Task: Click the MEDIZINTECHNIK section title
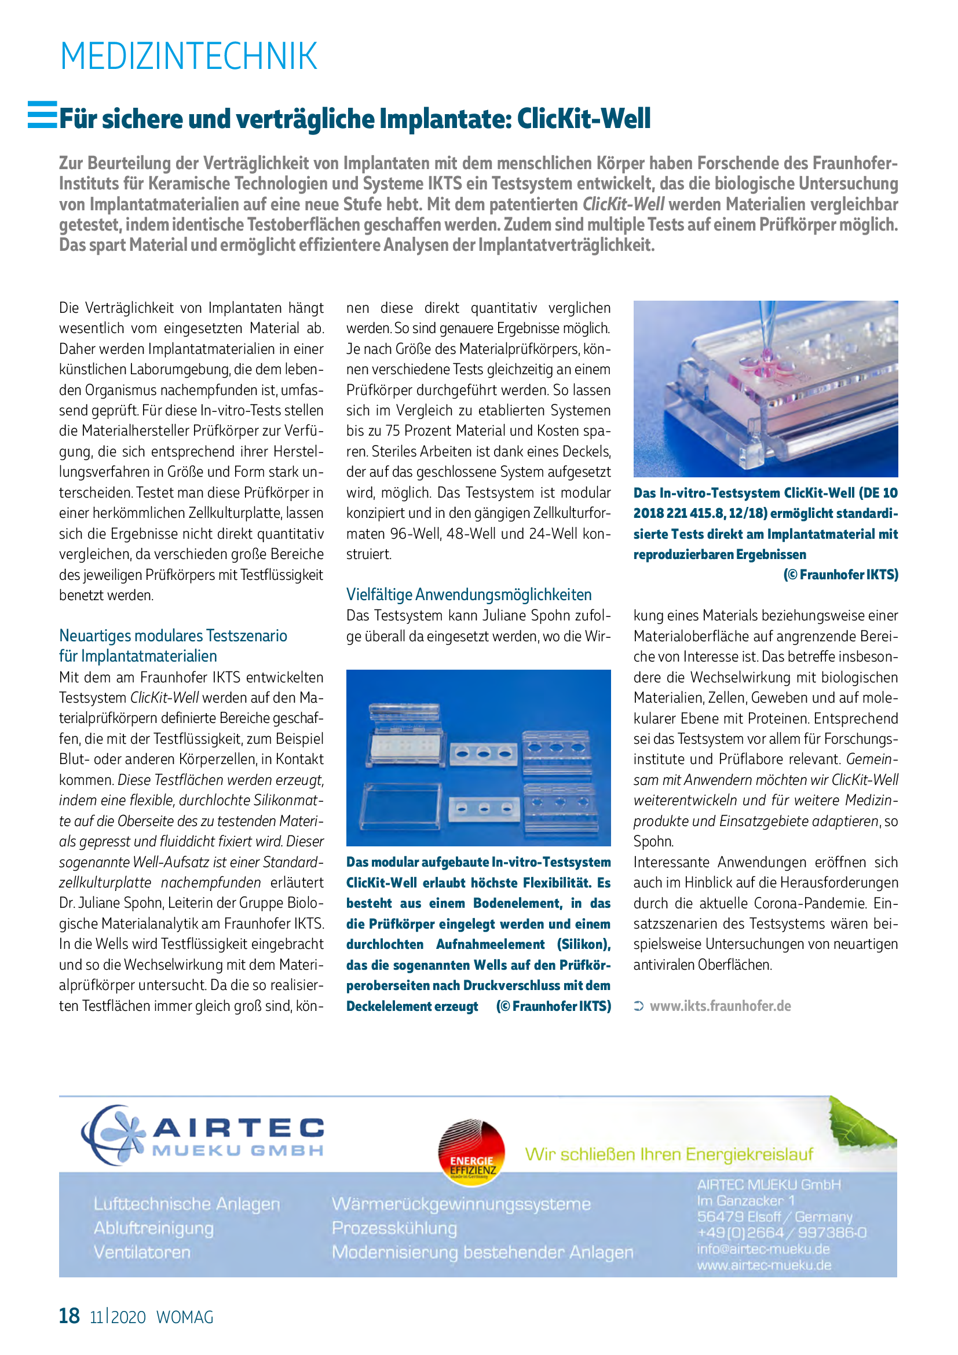click(x=189, y=57)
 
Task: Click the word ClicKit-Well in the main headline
click(x=584, y=119)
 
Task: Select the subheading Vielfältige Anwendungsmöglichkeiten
click(x=469, y=594)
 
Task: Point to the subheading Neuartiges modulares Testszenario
click(x=173, y=636)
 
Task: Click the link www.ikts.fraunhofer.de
click(x=720, y=1006)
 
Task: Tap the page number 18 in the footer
click(x=69, y=1316)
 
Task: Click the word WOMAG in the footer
click(x=185, y=1317)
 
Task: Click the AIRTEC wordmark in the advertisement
click(x=238, y=1128)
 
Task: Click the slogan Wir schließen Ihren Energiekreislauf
click(x=668, y=1154)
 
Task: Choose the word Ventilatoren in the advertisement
click(x=142, y=1252)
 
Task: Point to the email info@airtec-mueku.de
click(x=763, y=1249)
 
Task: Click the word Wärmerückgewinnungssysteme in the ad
click(x=460, y=1204)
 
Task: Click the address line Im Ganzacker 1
click(x=745, y=1200)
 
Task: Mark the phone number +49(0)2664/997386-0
click(x=781, y=1232)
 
